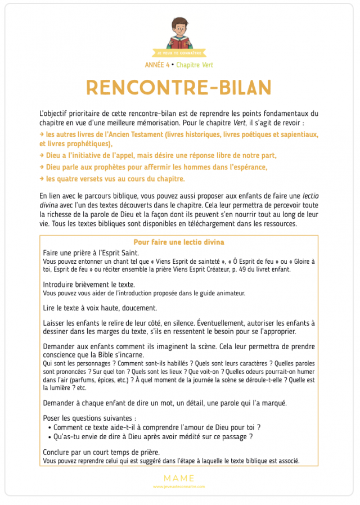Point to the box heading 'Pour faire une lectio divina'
179,242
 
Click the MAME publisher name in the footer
179,478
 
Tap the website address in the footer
179,486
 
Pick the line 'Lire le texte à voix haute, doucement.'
100,308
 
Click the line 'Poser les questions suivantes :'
89,418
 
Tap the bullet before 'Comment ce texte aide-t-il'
50,427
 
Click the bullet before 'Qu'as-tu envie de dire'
50,436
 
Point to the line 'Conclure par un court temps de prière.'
101,452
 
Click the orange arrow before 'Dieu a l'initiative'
42,155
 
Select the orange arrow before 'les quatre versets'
42,179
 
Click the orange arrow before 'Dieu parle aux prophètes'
42,167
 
